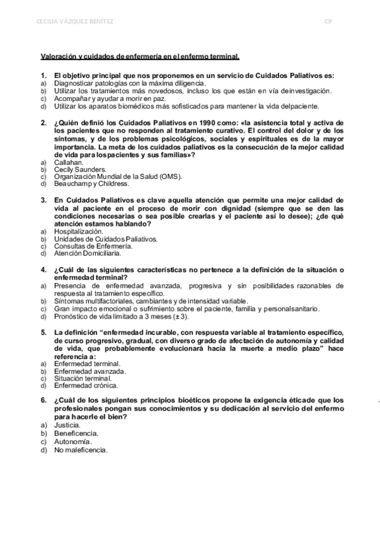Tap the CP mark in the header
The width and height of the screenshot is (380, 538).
(x=328, y=22)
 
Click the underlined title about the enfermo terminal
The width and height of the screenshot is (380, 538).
(x=140, y=56)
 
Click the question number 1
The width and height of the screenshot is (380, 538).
(x=44, y=75)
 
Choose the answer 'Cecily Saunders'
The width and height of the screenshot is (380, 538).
(x=80, y=170)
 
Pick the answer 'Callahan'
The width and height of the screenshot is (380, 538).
(x=69, y=162)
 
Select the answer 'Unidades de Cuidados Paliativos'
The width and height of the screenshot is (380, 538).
(x=106, y=239)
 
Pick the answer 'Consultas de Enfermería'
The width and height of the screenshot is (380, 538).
(x=93, y=246)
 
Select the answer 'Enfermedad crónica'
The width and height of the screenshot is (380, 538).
(x=86, y=385)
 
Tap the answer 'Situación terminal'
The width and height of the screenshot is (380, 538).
(x=83, y=378)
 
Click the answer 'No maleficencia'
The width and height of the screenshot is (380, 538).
(x=82, y=450)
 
